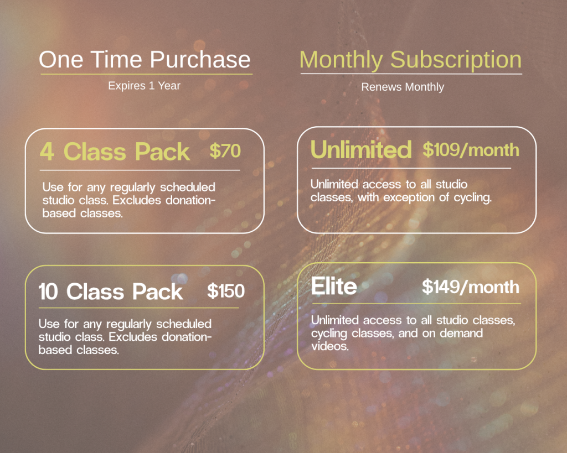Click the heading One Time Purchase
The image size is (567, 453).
[145, 59]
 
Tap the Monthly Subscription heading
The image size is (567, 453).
[410, 60]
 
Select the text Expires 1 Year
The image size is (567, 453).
[145, 86]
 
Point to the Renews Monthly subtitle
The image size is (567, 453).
[403, 87]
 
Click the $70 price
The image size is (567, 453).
[225, 150]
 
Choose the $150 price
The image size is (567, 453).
[226, 291]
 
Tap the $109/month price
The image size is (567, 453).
[471, 149]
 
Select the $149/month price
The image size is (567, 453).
[471, 287]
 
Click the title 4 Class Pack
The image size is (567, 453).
[115, 152]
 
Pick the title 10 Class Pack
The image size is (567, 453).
[111, 291]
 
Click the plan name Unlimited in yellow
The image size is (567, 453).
[361, 149]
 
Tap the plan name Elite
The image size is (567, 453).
[334, 286]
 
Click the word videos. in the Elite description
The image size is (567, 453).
[330, 346]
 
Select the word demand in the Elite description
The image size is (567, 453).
[461, 333]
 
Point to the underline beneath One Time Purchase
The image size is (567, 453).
[146, 75]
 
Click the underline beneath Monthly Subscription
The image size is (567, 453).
[411, 74]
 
